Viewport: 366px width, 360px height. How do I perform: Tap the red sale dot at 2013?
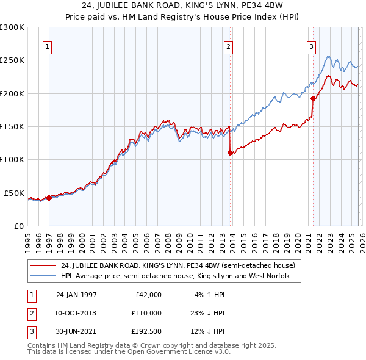230,153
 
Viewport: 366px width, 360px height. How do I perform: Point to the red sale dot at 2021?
313,98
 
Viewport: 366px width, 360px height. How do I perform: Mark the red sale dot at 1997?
49,198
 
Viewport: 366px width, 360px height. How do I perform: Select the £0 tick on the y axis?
18,226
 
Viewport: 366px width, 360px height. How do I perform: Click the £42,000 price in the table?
148,294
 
